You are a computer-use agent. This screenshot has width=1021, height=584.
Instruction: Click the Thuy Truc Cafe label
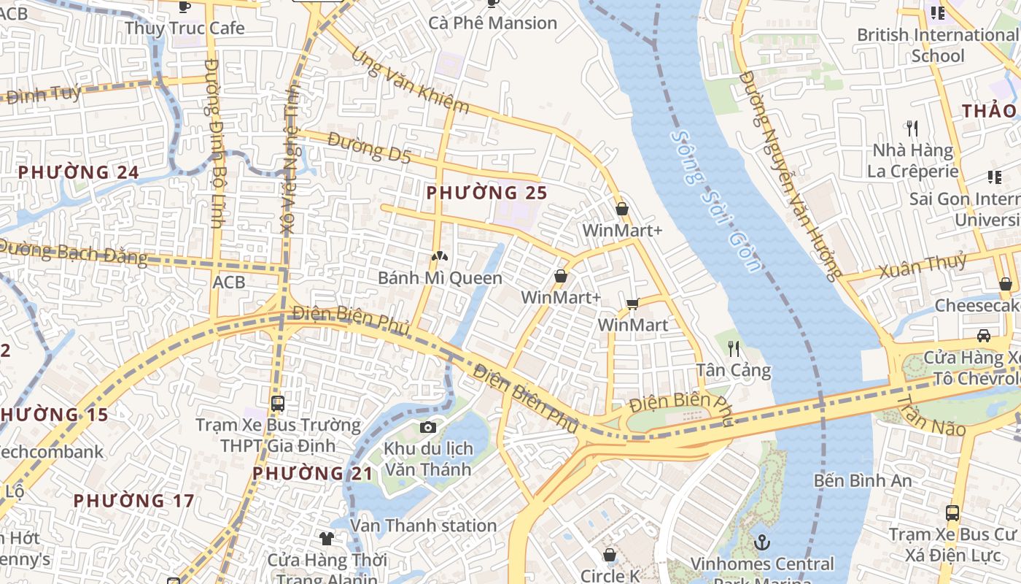pyautogui.click(x=184, y=28)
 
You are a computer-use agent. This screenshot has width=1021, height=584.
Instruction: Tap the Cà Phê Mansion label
pyautogui.click(x=492, y=23)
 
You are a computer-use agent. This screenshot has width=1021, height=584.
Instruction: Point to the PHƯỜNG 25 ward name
pyautogui.click(x=486, y=193)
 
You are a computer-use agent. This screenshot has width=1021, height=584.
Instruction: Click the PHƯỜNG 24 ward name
pyautogui.click(x=78, y=172)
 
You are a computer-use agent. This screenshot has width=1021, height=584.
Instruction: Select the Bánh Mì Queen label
pyautogui.click(x=440, y=278)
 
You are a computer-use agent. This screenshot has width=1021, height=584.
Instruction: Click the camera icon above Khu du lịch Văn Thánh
pyautogui.click(x=428, y=427)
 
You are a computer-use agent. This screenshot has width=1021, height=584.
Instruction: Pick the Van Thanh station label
pyautogui.click(x=423, y=526)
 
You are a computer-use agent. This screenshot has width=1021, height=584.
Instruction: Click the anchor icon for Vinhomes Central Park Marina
pyautogui.click(x=761, y=542)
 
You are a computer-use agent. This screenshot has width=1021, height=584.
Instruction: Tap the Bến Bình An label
pyautogui.click(x=863, y=480)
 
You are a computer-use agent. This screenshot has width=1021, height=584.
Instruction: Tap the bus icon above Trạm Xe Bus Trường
pyautogui.click(x=277, y=404)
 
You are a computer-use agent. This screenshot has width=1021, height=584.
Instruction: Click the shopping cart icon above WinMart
pyautogui.click(x=632, y=304)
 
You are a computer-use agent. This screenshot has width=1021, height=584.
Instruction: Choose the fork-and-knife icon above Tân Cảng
pyautogui.click(x=734, y=349)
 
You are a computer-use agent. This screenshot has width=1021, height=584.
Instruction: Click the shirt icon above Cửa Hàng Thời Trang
pyautogui.click(x=326, y=539)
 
